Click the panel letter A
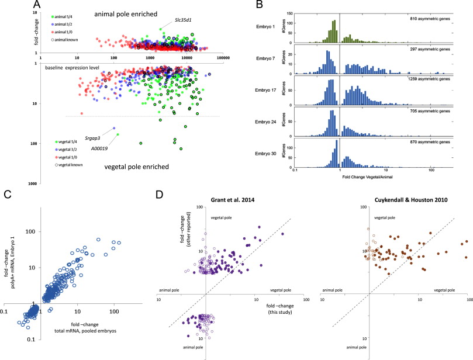pos(8,5)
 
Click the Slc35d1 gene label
pos(185,20)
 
